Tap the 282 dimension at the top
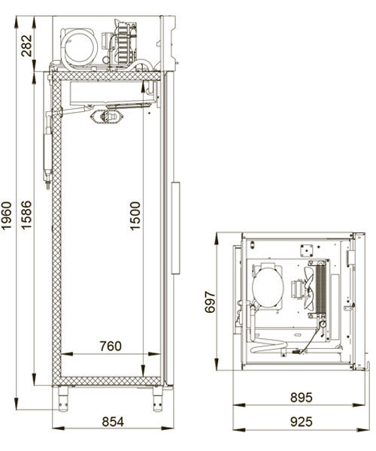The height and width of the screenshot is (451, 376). pos(26,46)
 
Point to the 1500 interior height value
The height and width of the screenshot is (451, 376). pos(135,216)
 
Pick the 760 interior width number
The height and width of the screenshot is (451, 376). pos(111,347)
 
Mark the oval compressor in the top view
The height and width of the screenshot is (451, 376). pos(267,286)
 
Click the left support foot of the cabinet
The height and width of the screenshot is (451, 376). pos(63,398)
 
